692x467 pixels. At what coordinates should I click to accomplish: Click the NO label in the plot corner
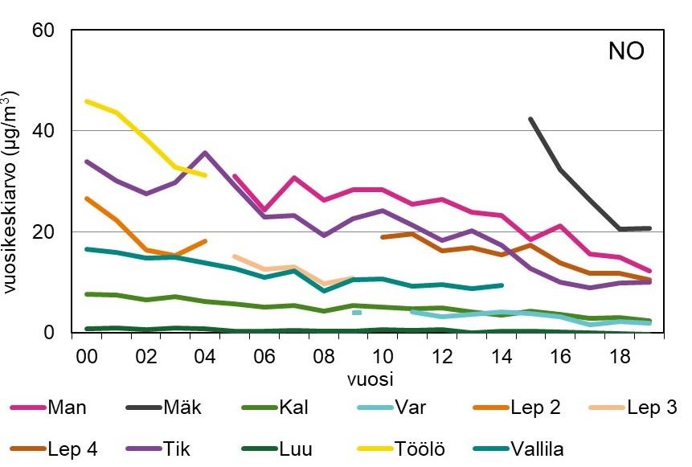click(x=626, y=53)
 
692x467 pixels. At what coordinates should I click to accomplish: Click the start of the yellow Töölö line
click(x=87, y=101)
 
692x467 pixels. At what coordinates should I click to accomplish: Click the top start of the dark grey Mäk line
click(x=530, y=119)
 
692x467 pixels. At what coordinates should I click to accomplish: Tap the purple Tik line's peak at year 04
click(x=206, y=152)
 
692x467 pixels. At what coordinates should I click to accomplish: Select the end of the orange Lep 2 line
click(x=206, y=240)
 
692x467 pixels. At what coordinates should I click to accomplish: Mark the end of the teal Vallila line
click(x=502, y=285)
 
